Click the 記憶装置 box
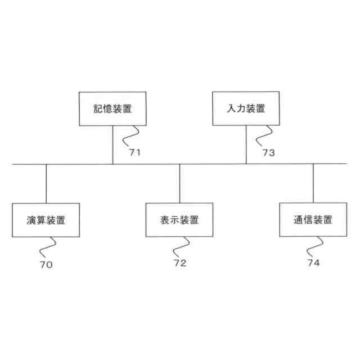(x=112, y=109)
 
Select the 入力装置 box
(x=246, y=109)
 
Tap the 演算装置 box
(x=46, y=219)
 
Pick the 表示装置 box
(x=179, y=219)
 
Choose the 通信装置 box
(x=313, y=219)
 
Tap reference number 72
(x=179, y=263)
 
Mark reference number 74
(x=313, y=263)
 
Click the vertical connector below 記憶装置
(x=112, y=145)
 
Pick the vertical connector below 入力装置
(x=246, y=145)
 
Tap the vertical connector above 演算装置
(x=46, y=183)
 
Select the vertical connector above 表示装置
(x=179, y=183)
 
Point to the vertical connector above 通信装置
(x=313, y=183)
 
